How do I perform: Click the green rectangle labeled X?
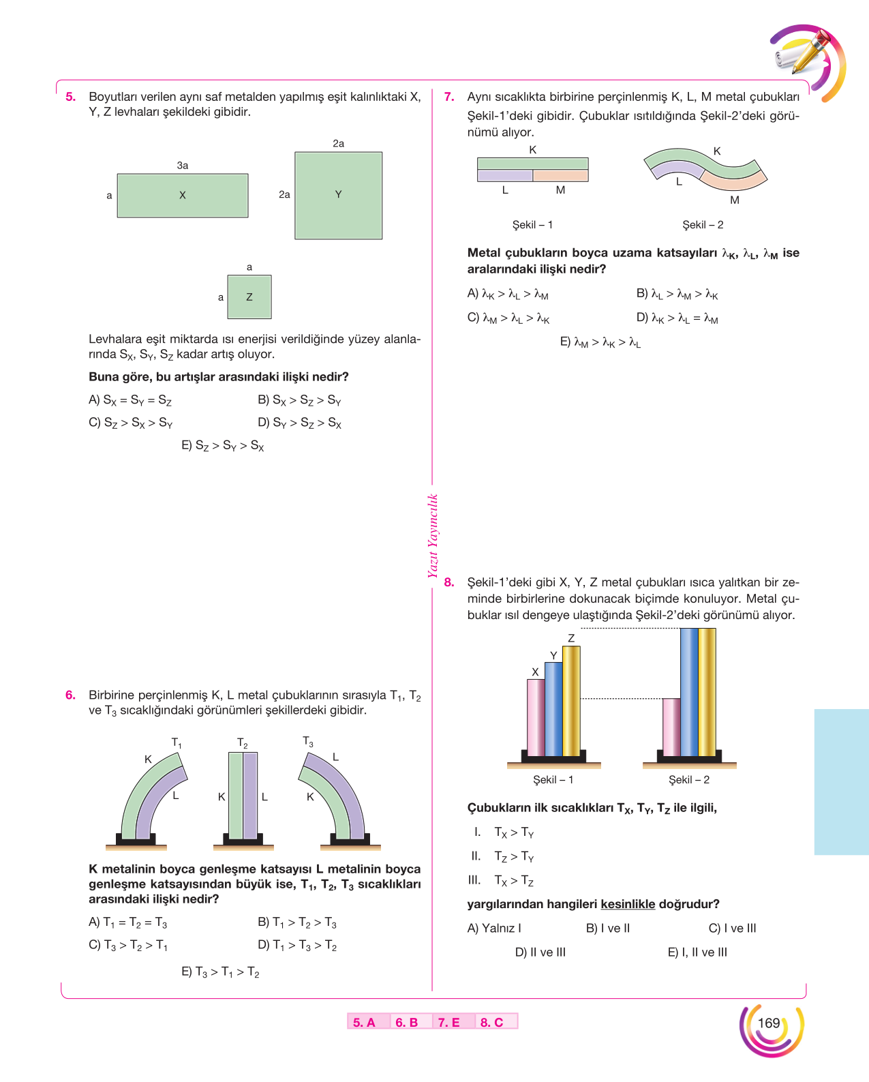[x=183, y=196]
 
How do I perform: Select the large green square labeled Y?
[x=338, y=196]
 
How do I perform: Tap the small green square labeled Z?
[x=249, y=297]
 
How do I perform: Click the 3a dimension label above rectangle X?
[x=183, y=166]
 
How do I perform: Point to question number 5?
[x=71, y=97]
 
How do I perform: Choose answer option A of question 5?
[x=130, y=400]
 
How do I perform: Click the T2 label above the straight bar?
[x=242, y=743]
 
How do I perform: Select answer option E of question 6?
[x=220, y=972]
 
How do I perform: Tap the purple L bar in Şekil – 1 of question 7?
[x=504, y=175]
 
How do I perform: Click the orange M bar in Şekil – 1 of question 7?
[x=560, y=175]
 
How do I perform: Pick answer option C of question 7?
[x=508, y=318]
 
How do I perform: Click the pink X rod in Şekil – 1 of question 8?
[x=535, y=717]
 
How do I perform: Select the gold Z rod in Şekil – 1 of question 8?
[x=571, y=701]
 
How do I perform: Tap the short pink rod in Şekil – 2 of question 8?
[x=671, y=727]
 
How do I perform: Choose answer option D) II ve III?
[x=540, y=952]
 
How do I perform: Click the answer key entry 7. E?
[x=448, y=1023]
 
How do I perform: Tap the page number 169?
[x=769, y=1023]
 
